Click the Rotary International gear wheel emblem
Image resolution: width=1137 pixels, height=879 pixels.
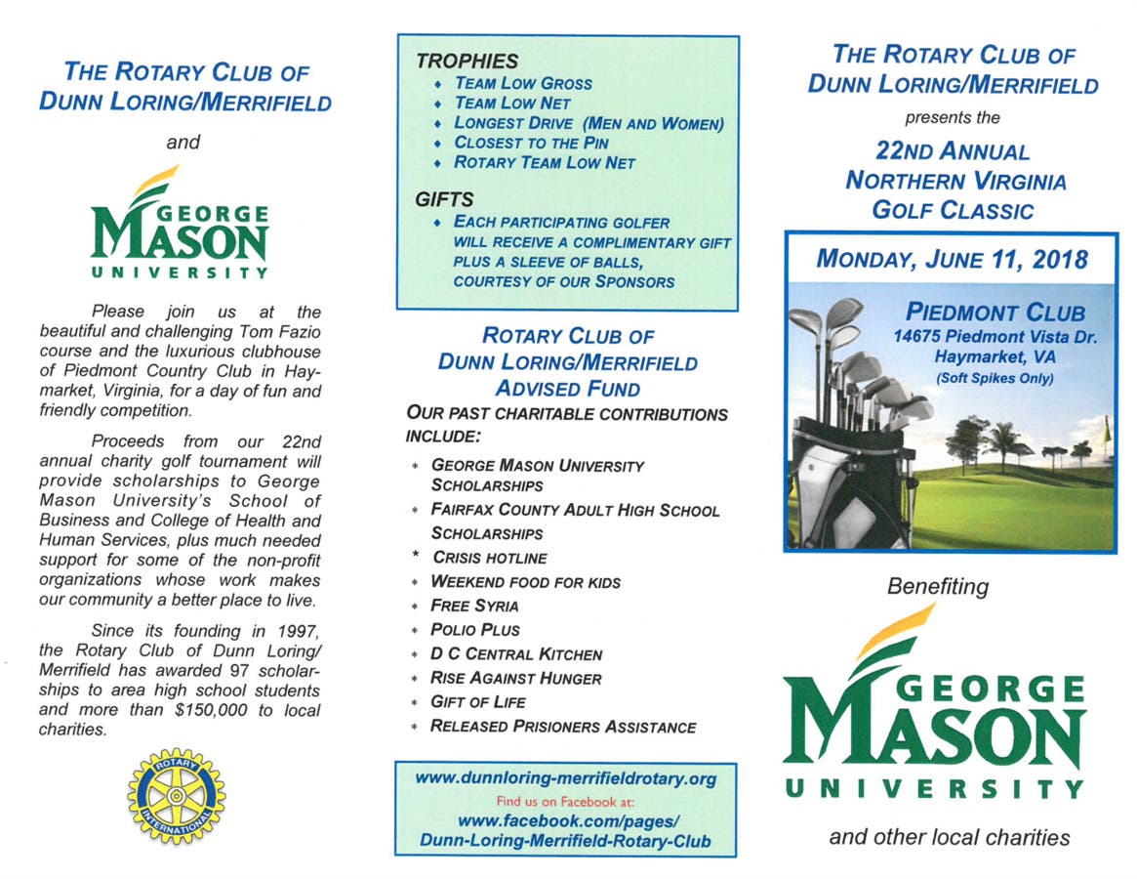pos(176,796)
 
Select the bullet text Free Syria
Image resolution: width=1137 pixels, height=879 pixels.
pos(474,606)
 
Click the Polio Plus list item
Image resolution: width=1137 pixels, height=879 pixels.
pos(475,630)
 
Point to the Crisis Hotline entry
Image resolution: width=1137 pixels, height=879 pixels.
pos(489,558)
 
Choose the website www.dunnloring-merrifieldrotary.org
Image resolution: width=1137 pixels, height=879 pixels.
pos(566,778)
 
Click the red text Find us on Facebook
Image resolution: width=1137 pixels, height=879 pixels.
pos(565,799)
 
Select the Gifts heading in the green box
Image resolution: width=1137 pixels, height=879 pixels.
pos(444,199)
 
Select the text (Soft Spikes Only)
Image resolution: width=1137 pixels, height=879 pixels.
pos(995,378)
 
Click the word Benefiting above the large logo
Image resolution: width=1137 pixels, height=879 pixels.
pos(937,587)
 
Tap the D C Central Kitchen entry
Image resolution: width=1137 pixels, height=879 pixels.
pos(516,653)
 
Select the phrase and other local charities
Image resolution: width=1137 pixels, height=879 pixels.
pos(949,837)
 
